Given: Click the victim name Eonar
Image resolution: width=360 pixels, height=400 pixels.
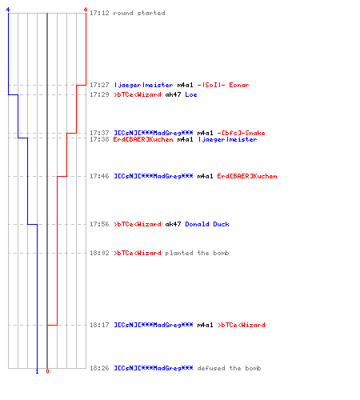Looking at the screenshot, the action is click(238, 85).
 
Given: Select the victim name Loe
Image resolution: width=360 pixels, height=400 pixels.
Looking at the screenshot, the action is click(191, 94).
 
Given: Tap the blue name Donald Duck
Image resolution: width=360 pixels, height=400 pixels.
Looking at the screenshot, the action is click(207, 224).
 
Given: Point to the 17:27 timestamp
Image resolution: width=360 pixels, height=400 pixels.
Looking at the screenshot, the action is click(99, 85).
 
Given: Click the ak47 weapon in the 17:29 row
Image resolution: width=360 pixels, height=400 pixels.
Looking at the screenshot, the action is click(173, 94).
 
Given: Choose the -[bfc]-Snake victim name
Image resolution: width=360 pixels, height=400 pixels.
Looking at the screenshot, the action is click(241, 133).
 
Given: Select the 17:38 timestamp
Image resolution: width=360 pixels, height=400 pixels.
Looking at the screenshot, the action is click(99, 139).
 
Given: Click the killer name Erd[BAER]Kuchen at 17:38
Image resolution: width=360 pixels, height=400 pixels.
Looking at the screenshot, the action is click(143, 139).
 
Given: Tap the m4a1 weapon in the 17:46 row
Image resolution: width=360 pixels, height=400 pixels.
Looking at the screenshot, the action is click(205, 176).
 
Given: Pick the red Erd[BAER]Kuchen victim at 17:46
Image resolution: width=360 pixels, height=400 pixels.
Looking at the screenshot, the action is click(247, 176).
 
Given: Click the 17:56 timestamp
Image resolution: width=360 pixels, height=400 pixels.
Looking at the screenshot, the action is click(99, 224).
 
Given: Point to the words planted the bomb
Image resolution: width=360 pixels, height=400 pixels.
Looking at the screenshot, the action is click(197, 253).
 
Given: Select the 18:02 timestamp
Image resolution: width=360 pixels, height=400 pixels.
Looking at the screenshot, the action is click(99, 253).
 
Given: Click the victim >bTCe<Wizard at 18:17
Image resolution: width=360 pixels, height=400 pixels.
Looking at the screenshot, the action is click(242, 325).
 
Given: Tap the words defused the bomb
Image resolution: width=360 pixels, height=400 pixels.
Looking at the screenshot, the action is click(229, 368).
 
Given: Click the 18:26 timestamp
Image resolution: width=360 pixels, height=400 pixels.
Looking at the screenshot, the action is click(99, 368).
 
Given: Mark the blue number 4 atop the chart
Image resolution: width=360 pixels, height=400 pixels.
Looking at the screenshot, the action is click(8, 10).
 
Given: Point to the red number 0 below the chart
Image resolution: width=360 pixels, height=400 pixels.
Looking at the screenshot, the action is click(47, 371).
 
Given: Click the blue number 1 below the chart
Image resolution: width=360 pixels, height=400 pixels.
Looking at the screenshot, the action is click(37, 371).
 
